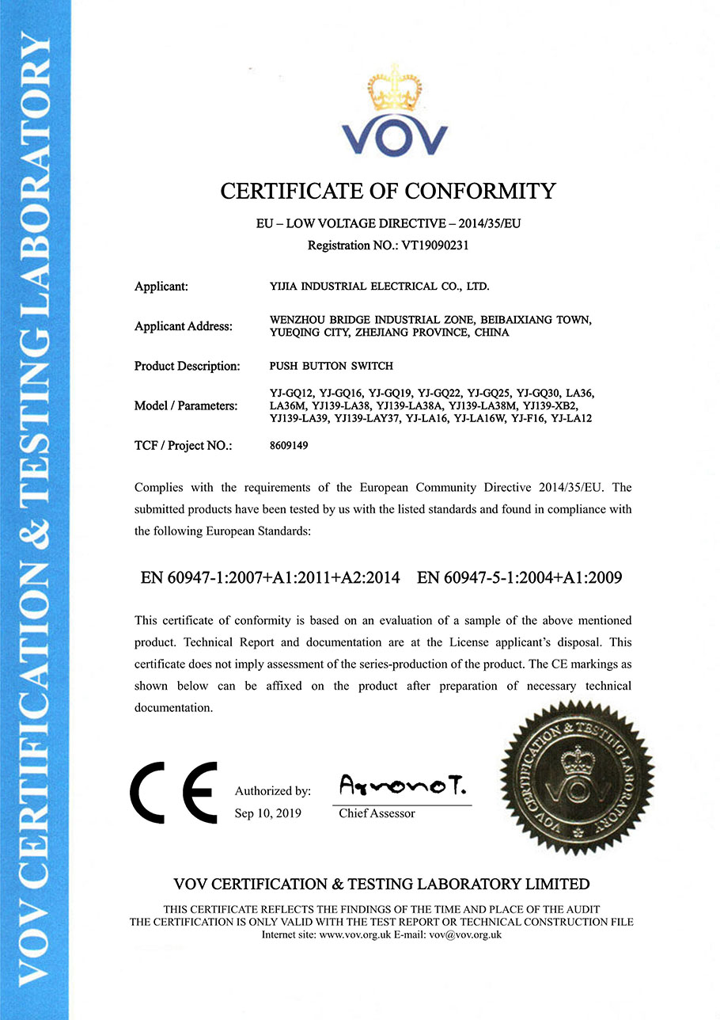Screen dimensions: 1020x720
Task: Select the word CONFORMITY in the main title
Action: point(480,191)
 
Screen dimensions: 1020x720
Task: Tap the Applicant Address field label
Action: point(184,326)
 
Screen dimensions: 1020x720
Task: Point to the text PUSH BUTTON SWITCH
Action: point(332,366)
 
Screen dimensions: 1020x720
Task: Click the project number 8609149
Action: point(289,446)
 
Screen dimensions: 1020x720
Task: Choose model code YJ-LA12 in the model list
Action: point(571,418)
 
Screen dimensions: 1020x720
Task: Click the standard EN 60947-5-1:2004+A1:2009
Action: point(519,577)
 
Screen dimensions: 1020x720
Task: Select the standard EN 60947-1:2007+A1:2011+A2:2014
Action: point(270,577)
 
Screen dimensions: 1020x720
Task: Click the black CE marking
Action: point(174,792)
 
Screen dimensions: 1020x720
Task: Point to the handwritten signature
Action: point(403,786)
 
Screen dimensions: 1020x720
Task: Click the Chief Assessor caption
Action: point(377,813)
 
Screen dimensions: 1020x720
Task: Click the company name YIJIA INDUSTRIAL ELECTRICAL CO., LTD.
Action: point(385,286)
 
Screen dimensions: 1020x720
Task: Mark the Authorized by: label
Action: point(273,790)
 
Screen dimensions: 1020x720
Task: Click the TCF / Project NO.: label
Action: point(184,446)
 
